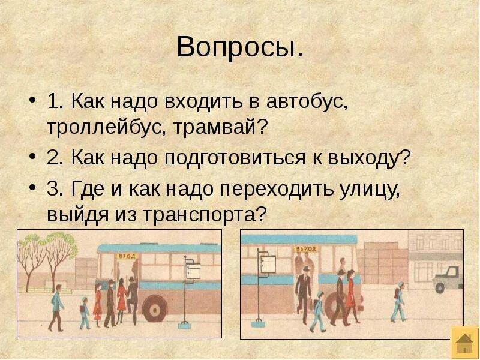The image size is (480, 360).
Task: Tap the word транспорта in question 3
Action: click(x=202, y=215)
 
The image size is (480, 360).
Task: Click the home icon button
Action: click(x=464, y=343)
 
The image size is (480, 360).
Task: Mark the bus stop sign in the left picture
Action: click(x=193, y=271)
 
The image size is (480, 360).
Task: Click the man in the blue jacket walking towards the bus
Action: click(x=56, y=306)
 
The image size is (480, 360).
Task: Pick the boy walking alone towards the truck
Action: click(x=398, y=304)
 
